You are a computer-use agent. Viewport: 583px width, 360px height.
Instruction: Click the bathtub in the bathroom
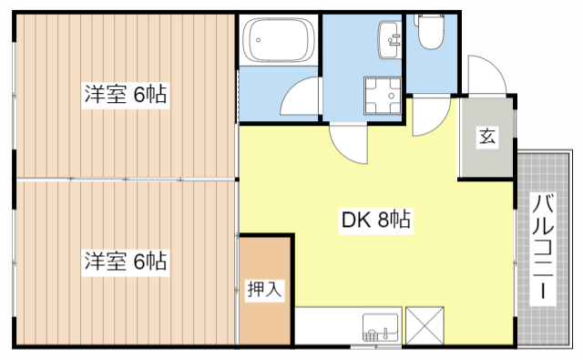(x=278, y=40)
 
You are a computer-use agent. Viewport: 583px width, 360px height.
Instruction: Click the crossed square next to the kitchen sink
(x=424, y=326)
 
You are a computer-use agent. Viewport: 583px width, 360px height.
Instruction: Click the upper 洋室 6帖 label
(x=127, y=94)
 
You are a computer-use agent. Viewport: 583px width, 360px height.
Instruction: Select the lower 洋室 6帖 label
(x=127, y=262)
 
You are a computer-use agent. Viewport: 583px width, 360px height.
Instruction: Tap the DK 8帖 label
(x=375, y=220)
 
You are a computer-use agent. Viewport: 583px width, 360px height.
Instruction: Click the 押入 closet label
(x=265, y=291)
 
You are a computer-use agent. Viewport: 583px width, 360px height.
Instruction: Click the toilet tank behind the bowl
(x=427, y=18)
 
